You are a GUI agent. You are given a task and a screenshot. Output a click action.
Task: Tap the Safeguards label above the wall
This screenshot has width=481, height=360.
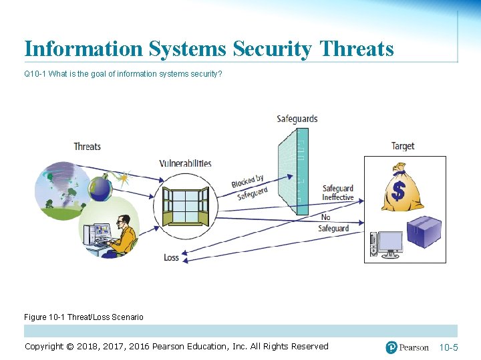297,119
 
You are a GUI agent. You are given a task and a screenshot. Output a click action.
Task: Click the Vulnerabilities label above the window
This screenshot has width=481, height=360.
185,163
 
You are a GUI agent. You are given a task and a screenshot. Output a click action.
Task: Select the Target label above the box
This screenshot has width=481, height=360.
402,146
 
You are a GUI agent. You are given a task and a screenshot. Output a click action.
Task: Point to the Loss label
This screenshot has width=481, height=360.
171,257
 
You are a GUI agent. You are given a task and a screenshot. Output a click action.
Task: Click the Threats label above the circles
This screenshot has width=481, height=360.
88,147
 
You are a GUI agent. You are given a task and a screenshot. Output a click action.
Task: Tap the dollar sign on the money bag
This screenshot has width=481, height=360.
398,191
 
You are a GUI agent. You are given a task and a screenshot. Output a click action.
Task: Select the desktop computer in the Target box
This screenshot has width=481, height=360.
387,245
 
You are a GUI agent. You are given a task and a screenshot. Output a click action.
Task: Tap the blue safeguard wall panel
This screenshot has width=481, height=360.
292,170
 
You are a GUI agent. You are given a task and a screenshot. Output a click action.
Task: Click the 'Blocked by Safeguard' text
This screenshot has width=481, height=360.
249,187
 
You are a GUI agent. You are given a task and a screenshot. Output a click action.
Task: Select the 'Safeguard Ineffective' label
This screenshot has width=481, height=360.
337,193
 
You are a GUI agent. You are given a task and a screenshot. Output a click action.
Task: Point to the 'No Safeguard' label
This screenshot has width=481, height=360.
333,223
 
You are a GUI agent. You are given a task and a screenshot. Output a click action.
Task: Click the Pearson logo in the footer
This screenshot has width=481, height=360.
407,347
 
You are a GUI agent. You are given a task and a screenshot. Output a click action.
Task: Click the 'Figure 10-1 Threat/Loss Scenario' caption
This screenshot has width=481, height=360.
84,317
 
